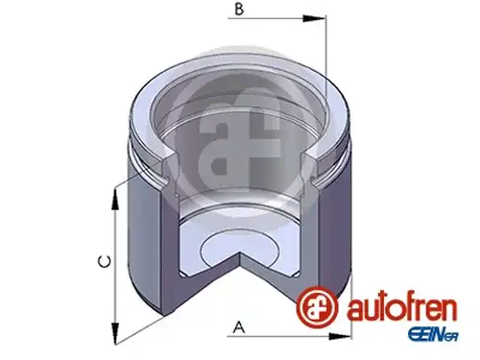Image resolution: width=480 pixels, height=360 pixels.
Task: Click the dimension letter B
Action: [239, 9]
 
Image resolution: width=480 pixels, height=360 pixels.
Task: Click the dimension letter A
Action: [239, 327]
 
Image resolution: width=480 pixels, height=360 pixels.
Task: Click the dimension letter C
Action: [105, 261]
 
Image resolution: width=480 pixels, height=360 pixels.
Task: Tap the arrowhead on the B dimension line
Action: [314, 18]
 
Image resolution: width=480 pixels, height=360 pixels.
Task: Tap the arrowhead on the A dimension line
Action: [340, 336]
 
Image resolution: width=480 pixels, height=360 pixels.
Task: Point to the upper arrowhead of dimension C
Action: [115, 199]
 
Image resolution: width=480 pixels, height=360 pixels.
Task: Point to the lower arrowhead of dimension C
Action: [115, 333]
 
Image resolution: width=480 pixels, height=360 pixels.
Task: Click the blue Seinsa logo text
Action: [433, 336]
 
